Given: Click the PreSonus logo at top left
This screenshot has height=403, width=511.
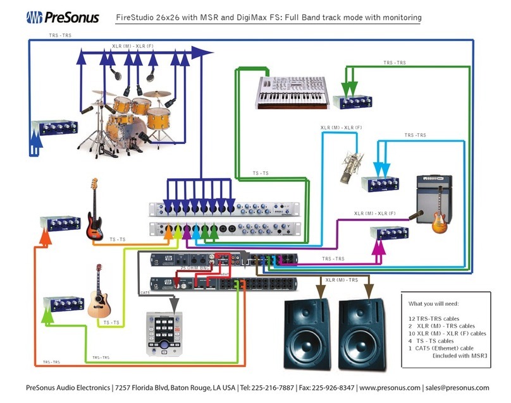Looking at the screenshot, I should [x=62, y=18].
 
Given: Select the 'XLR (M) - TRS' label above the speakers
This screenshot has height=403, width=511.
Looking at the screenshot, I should [x=342, y=279].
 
